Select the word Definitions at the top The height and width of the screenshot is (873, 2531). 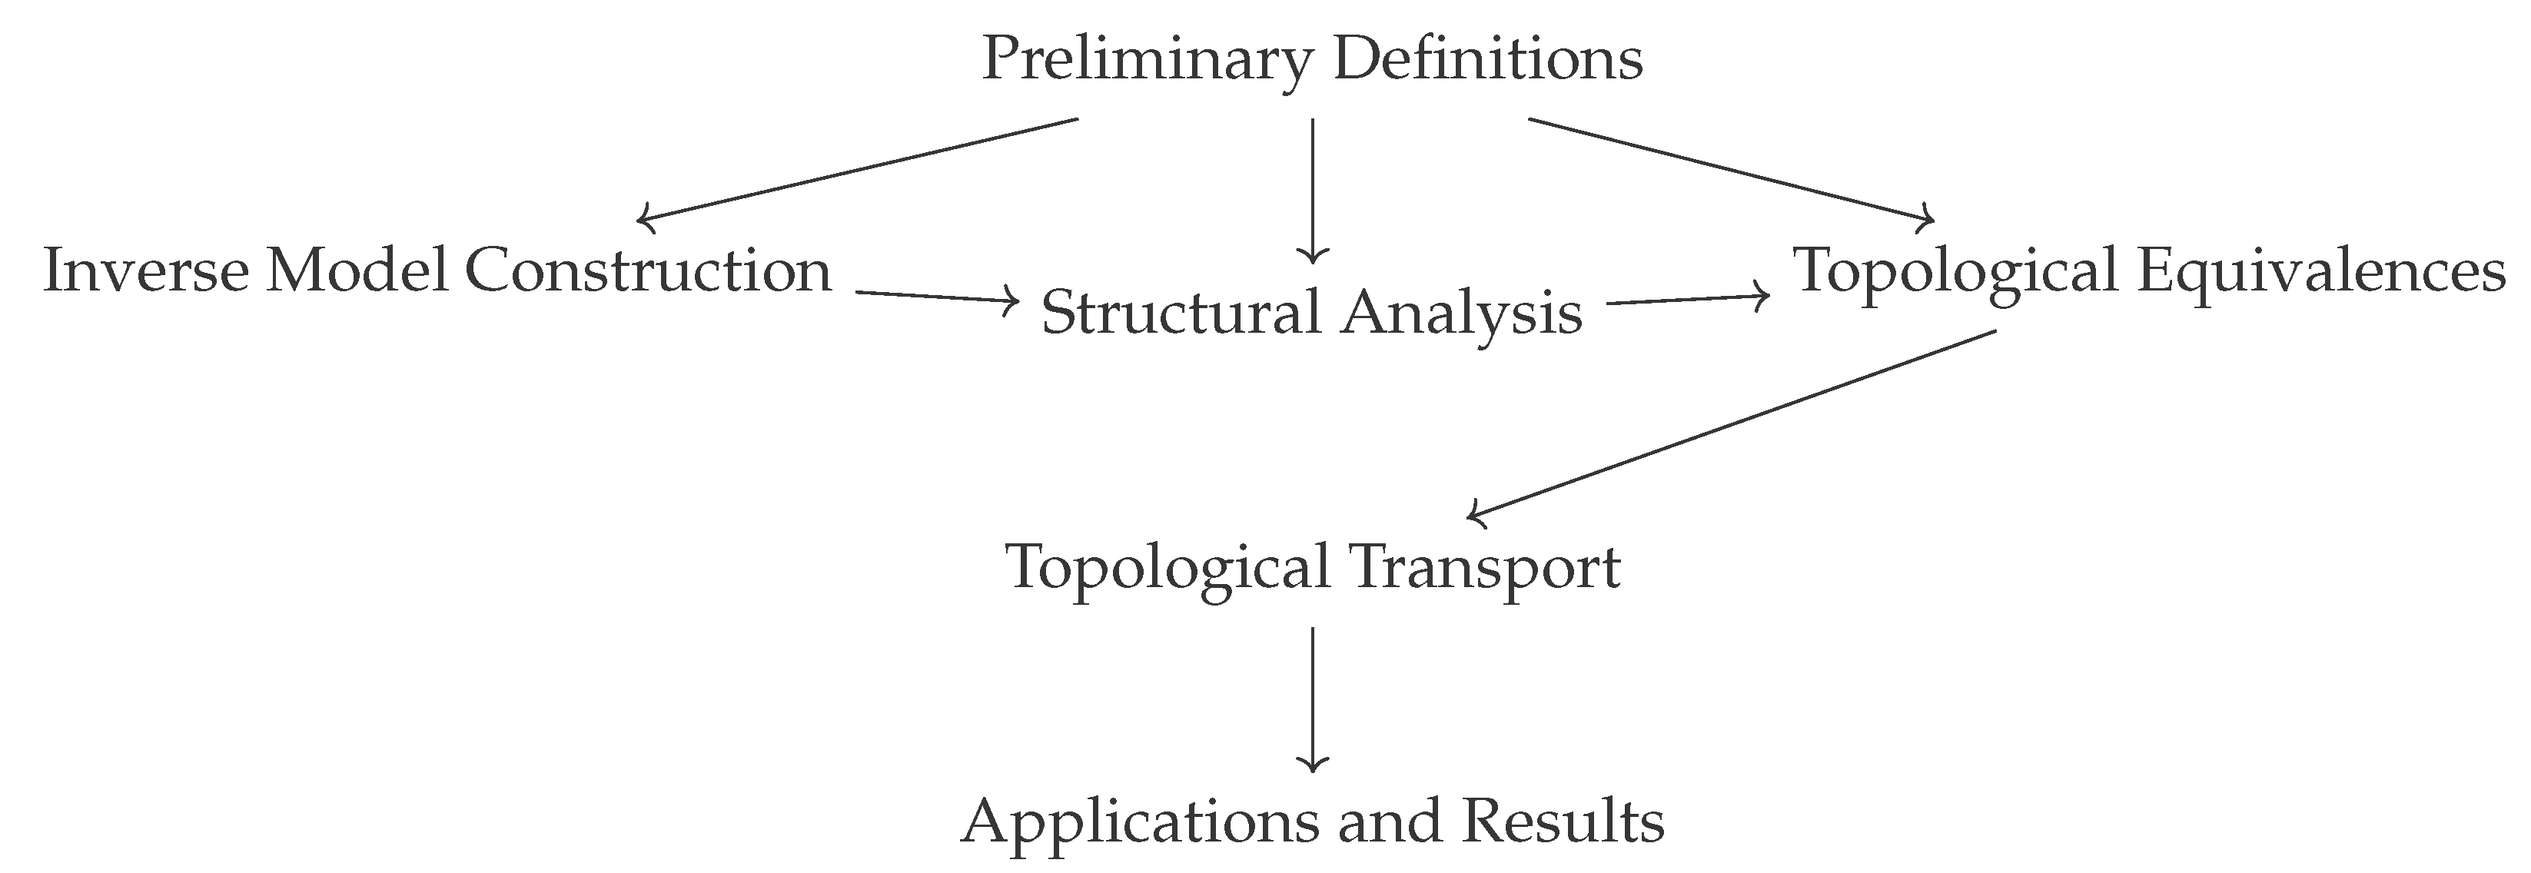1487,59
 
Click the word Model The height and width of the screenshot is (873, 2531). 356,271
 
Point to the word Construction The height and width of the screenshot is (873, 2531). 647,271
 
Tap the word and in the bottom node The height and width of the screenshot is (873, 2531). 1388,823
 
